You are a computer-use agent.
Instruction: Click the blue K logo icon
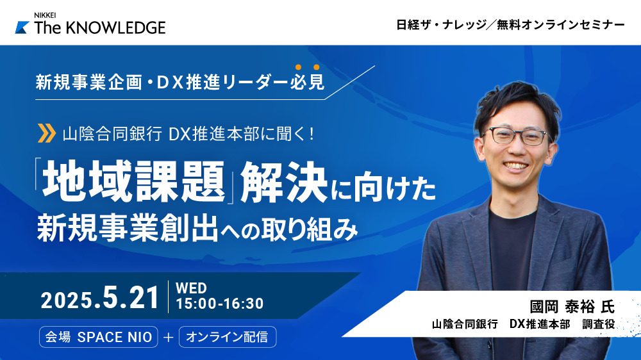(22, 28)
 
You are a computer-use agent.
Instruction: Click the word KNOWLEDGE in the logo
(115, 28)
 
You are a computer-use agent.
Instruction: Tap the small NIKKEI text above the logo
(45, 15)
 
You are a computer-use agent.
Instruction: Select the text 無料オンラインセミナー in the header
(560, 25)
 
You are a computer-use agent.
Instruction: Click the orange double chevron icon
(47, 133)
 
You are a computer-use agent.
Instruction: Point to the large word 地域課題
(133, 182)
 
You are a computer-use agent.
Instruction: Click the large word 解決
(284, 182)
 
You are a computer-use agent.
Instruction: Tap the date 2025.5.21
(100, 298)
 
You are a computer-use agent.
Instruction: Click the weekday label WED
(191, 288)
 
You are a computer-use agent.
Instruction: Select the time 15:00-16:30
(219, 304)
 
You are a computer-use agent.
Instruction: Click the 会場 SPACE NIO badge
(99, 337)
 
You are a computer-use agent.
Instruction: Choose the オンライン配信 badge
(228, 337)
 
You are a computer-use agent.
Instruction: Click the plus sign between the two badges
(169, 337)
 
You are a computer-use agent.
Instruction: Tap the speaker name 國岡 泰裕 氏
(572, 306)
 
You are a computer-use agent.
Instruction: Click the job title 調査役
(599, 325)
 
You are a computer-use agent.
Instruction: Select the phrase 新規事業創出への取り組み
(197, 229)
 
